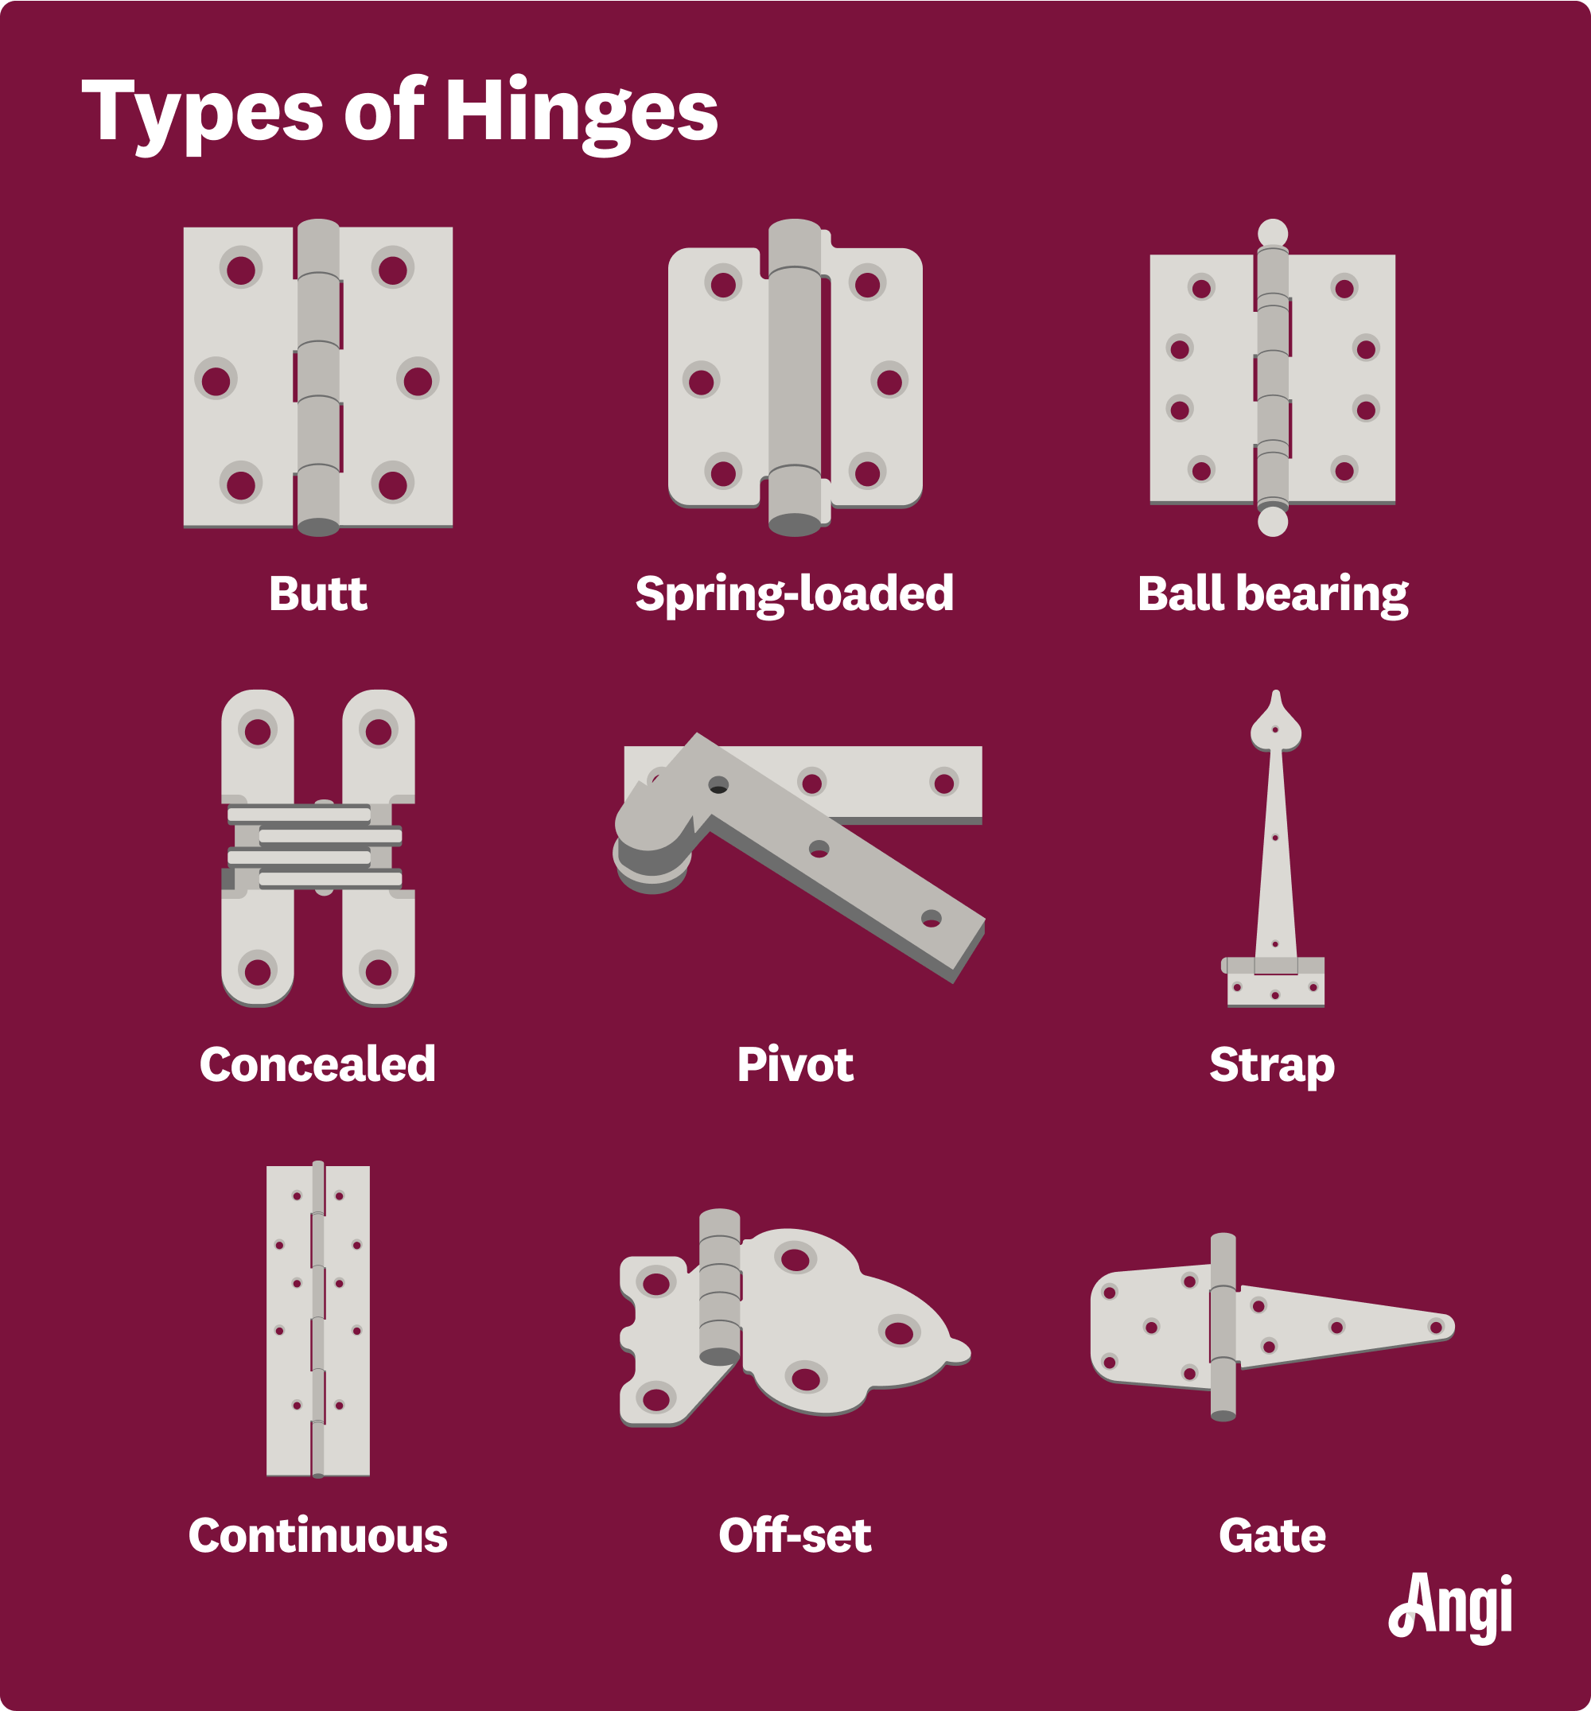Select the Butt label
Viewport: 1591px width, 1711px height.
(x=317, y=594)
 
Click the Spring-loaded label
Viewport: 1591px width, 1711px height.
(x=794, y=594)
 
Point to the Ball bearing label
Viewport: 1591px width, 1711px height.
(x=1273, y=594)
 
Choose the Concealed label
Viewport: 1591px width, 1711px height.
(x=317, y=1064)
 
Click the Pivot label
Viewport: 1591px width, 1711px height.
(x=795, y=1064)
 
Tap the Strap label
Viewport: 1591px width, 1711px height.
(x=1273, y=1064)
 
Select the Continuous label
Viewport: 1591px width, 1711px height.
(x=317, y=1535)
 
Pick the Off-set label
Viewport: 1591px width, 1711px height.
(x=795, y=1535)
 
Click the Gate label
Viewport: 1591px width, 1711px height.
(x=1273, y=1535)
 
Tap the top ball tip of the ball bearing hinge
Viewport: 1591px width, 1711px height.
(x=1273, y=232)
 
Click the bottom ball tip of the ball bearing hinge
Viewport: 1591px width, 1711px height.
(x=1273, y=522)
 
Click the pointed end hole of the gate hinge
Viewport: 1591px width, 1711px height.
(x=1435, y=1327)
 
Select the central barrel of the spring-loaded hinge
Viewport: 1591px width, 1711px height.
(x=794, y=379)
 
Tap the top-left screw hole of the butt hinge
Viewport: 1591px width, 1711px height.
(x=241, y=270)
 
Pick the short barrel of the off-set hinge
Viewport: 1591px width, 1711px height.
(x=720, y=1288)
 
